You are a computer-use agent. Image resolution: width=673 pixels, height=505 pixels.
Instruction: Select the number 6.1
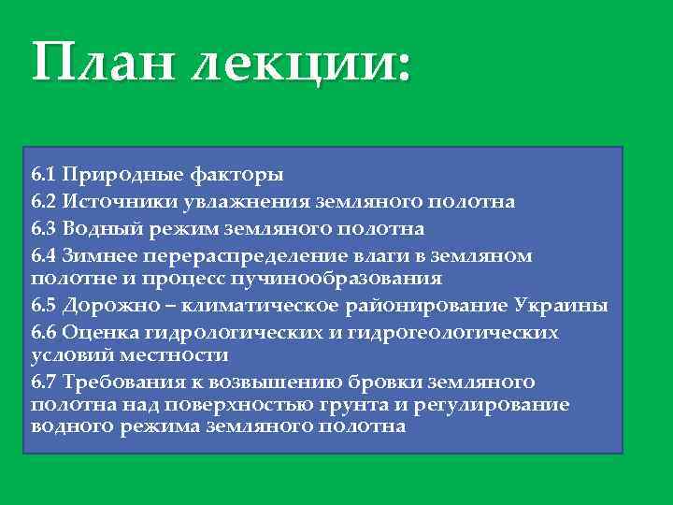[x=43, y=175]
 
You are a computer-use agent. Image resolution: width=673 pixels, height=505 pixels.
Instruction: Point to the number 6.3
[x=44, y=228]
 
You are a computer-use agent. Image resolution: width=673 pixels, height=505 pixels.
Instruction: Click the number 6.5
[x=44, y=306]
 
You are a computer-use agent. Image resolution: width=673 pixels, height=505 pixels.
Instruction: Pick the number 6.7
[x=44, y=382]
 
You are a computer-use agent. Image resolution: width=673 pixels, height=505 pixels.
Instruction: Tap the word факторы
[x=237, y=175]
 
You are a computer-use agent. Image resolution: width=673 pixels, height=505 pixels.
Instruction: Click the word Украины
[x=561, y=306]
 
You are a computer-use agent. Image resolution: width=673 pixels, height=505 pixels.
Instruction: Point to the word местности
[x=177, y=355]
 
